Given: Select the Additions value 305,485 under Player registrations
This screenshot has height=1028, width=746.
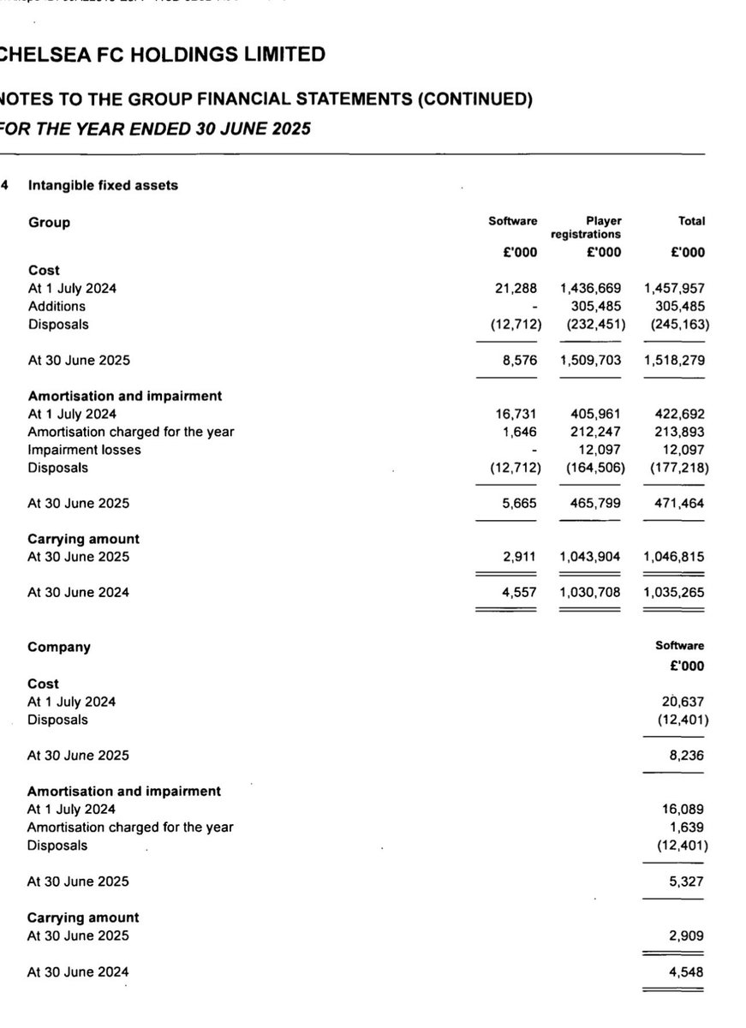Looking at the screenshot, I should pyautogui.click(x=591, y=306).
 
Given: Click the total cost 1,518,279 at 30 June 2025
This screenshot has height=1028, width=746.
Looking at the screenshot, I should pyautogui.click(x=674, y=360).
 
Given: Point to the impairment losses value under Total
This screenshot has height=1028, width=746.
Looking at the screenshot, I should pyautogui.click(x=683, y=450).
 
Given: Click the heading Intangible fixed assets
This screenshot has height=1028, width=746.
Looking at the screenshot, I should pyautogui.click(x=103, y=185).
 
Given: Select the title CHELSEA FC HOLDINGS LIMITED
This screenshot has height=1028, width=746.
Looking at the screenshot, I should pyautogui.click(x=163, y=55).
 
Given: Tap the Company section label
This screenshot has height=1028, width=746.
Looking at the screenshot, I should pyautogui.click(x=59, y=648).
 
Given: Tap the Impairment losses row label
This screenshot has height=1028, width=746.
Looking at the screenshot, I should pyautogui.click(x=84, y=450).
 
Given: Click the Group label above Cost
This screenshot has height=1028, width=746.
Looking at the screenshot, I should pyautogui.click(x=50, y=223).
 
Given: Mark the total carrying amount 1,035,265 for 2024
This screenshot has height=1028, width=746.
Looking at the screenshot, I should pyautogui.click(x=674, y=593).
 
